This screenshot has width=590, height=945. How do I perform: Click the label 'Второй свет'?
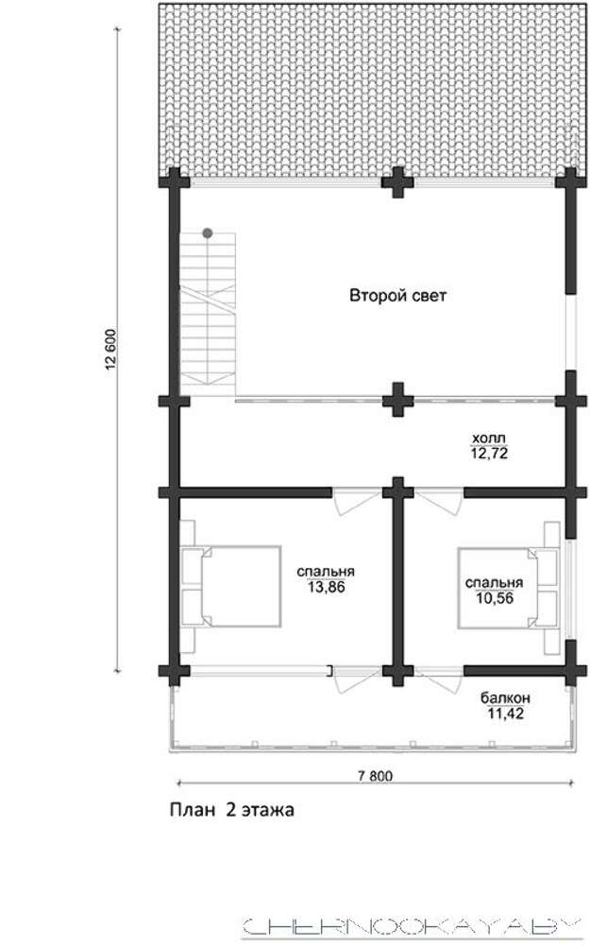click(398, 295)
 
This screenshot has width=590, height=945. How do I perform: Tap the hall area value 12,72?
click(489, 453)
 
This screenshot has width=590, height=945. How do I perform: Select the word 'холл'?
click(489, 438)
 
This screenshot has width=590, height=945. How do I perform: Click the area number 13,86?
click(327, 587)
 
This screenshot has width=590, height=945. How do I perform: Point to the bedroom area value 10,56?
click(495, 598)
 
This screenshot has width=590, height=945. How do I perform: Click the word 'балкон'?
click(506, 698)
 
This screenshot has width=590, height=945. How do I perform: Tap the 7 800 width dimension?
click(375, 776)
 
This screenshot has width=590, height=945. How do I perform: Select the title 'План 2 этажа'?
click(232, 810)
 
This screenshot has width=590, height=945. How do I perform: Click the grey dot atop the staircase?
click(207, 232)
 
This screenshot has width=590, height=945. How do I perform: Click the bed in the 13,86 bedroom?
click(232, 587)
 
